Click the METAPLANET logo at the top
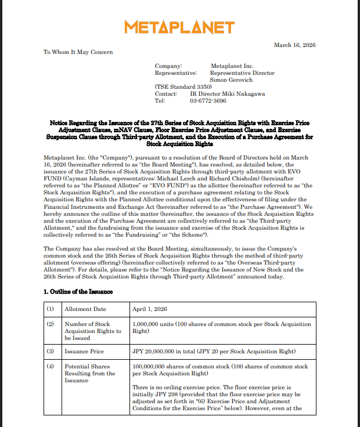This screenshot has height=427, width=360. (x=179, y=27)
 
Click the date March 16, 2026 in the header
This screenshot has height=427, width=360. (x=294, y=45)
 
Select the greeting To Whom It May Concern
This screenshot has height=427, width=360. (x=78, y=52)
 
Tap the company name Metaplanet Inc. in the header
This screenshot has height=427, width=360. (x=232, y=66)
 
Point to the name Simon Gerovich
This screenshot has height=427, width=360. (x=231, y=80)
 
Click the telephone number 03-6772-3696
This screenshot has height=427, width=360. (x=208, y=101)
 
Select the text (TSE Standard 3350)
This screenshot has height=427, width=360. (x=179, y=87)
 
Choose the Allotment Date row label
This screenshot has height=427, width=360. (x=86, y=309)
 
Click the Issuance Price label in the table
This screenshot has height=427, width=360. (x=85, y=351)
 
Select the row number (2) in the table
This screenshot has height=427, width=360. (x=51, y=324)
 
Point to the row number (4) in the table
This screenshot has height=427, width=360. (x=51, y=367)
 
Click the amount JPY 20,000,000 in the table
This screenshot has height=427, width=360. (x=158, y=351)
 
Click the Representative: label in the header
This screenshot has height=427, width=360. (x=176, y=73)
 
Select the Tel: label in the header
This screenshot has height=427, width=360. (x=160, y=101)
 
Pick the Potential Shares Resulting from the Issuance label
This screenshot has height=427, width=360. (x=90, y=374)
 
